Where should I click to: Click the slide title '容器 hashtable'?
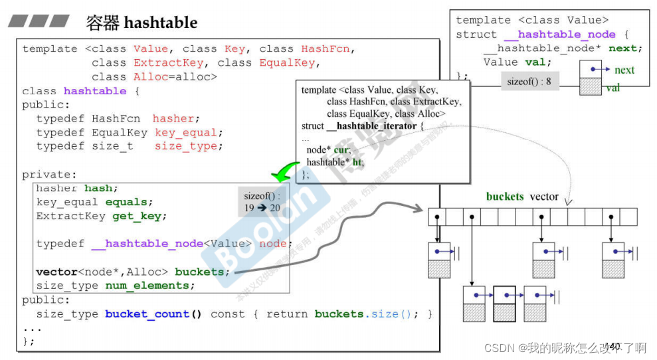click(x=141, y=23)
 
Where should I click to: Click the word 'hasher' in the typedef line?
click(x=173, y=118)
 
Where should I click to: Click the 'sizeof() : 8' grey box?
click(x=529, y=82)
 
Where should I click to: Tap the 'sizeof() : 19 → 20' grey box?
click(x=262, y=202)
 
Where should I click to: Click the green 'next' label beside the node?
click(x=624, y=70)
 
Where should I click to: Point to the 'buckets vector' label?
click(x=522, y=197)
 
